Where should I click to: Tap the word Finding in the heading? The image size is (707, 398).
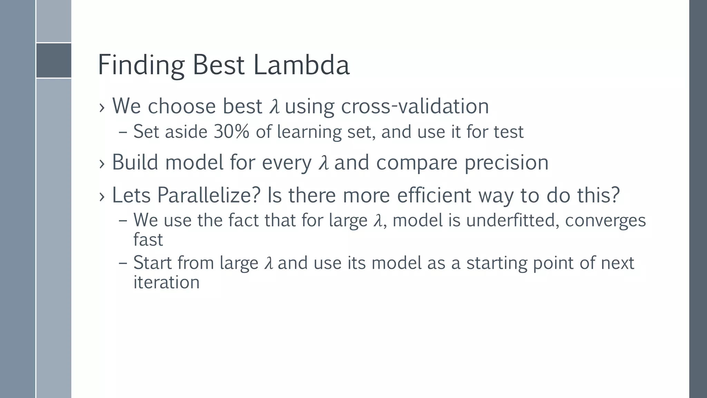(x=141, y=66)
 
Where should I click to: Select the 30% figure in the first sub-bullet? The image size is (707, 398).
(x=231, y=132)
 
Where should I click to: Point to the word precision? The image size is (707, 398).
(x=506, y=162)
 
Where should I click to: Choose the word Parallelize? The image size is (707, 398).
(x=209, y=195)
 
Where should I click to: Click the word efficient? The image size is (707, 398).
(x=434, y=195)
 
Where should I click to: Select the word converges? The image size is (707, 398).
(x=605, y=221)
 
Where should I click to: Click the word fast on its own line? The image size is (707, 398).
(x=148, y=239)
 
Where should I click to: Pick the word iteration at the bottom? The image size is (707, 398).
(x=166, y=282)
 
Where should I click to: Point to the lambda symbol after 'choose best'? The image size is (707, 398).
(x=274, y=106)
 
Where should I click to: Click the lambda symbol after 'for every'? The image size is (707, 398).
(x=323, y=163)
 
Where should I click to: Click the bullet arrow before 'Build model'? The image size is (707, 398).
(x=101, y=163)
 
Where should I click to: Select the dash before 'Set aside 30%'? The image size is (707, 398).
(x=123, y=132)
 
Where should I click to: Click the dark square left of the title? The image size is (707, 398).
(x=54, y=60)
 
